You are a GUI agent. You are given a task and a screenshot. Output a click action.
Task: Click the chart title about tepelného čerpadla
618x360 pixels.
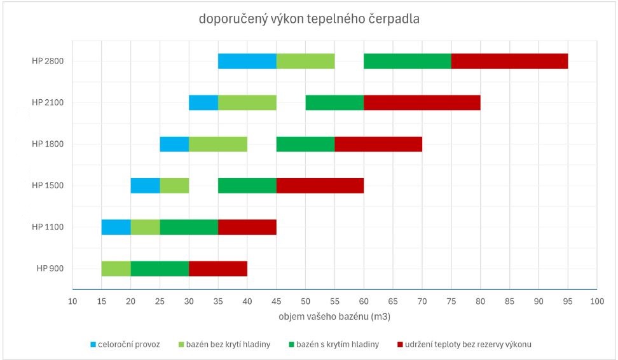click(308, 20)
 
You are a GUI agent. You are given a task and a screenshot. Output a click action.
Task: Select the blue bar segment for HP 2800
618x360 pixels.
click(247, 61)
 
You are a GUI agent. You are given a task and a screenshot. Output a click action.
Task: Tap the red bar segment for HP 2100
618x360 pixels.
click(422, 102)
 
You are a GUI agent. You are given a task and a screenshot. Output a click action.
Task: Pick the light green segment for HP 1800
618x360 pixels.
click(218, 144)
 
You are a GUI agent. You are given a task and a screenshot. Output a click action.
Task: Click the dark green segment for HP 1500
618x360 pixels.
click(247, 185)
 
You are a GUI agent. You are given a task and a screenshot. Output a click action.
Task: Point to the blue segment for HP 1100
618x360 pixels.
click(116, 227)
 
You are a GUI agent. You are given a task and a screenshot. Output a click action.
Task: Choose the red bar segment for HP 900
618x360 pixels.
click(218, 268)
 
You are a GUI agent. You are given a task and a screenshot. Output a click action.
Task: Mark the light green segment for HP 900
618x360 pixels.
click(116, 268)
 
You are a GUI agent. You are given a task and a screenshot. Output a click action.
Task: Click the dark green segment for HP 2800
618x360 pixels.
click(407, 61)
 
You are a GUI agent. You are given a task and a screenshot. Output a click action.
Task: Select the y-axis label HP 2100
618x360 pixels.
click(48, 102)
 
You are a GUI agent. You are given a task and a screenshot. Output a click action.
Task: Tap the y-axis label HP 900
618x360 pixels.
click(50, 268)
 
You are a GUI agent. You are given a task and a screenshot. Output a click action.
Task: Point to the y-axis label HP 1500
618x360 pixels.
click(48, 185)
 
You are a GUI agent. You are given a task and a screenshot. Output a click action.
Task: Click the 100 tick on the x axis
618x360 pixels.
click(596, 301)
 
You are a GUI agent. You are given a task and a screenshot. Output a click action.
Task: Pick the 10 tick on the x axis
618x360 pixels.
click(72, 301)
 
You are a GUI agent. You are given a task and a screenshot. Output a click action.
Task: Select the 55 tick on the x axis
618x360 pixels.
click(334, 301)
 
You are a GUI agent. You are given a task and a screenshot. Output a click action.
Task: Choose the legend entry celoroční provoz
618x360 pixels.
click(129, 344)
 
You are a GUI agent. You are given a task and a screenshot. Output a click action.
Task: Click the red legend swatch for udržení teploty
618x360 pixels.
click(399, 344)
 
